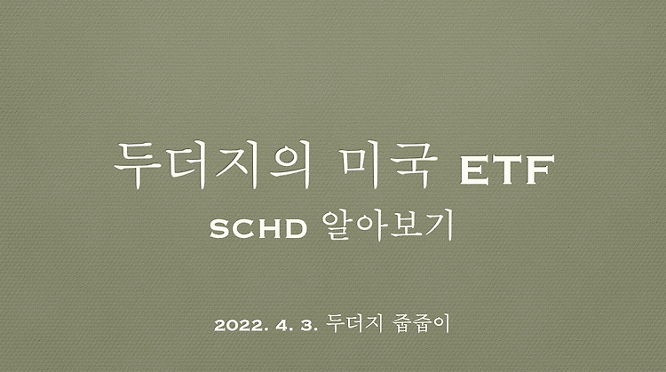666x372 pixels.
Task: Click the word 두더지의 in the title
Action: click(212, 166)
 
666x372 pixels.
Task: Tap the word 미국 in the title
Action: click(389, 166)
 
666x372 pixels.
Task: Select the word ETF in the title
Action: click(507, 170)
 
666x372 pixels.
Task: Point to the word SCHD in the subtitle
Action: click(258, 229)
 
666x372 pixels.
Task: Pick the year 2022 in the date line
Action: click(238, 326)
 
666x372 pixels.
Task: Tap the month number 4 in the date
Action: click(281, 326)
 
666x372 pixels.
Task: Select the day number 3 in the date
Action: click(306, 326)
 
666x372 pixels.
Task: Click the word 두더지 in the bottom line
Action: click(353, 323)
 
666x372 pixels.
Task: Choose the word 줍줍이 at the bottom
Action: click(421, 323)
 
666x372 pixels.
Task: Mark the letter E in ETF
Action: click(475, 170)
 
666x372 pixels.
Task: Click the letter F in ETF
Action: click(540, 170)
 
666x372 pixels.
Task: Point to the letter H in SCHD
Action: click(268, 229)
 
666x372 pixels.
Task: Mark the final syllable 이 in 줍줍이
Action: click(440, 323)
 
